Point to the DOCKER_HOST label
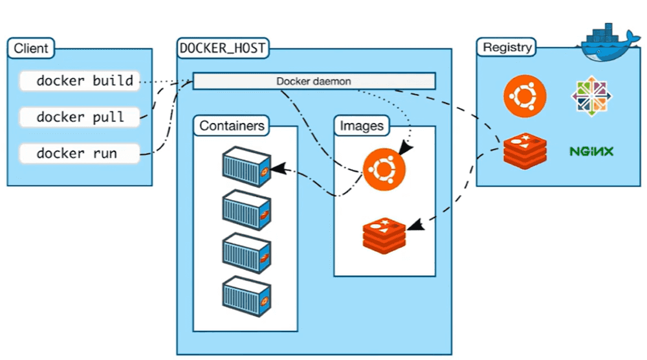pyautogui.click(x=223, y=47)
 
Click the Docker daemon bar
pyautogui.click(x=314, y=81)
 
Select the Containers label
pyautogui.click(x=232, y=126)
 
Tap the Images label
pyautogui.click(x=362, y=126)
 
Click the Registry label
pyautogui.click(x=508, y=47)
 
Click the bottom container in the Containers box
pyautogui.click(x=245, y=297)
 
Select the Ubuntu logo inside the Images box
pyautogui.click(x=384, y=170)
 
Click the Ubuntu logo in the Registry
pyautogui.click(x=525, y=96)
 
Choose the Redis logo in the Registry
pyautogui.click(x=525, y=147)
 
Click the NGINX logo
pyautogui.click(x=591, y=152)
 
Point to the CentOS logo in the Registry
pyautogui.click(x=591, y=96)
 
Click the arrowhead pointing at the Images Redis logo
pyautogui.click(x=414, y=225)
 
